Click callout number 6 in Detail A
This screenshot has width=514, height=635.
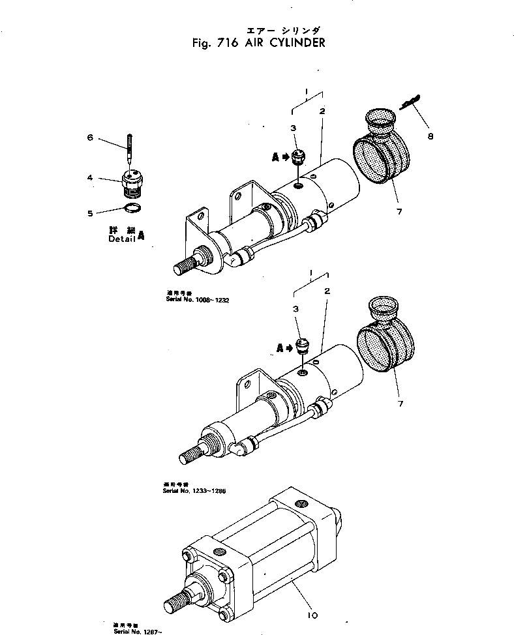point(91,138)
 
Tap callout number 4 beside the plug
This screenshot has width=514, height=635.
point(91,178)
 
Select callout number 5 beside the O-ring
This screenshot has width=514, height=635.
point(91,213)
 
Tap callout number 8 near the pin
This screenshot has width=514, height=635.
point(430,136)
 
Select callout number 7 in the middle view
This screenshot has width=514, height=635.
point(401,404)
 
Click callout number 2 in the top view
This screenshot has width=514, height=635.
point(322,111)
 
